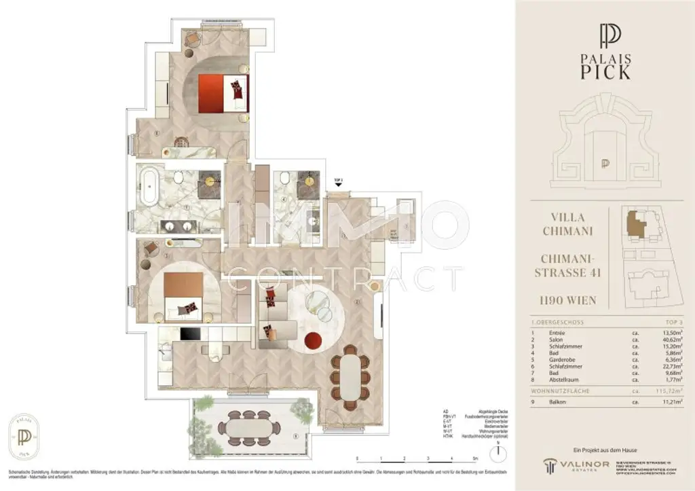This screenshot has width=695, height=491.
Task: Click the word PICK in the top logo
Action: click(605, 71)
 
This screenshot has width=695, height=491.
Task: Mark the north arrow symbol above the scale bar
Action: click(498, 449)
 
